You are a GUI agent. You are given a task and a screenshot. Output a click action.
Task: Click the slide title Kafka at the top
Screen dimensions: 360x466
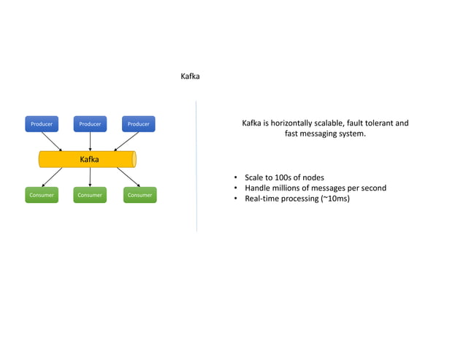190,76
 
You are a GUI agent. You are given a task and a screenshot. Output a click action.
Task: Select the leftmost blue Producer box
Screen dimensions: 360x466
42,124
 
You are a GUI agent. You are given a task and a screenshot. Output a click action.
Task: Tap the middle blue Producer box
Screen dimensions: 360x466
90,124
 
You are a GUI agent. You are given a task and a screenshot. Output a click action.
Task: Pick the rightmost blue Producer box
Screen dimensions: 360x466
138,124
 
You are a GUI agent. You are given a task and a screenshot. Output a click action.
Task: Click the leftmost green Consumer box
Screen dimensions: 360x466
42,195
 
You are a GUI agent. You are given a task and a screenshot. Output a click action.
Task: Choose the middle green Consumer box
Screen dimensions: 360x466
90,195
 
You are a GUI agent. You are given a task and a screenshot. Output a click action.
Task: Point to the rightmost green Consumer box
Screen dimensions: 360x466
140,195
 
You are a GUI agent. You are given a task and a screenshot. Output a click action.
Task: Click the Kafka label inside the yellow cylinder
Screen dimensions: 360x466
89,159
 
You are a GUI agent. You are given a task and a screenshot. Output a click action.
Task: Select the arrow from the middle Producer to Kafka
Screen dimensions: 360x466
90,142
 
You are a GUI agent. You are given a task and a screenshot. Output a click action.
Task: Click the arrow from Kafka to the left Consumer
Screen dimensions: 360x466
53,177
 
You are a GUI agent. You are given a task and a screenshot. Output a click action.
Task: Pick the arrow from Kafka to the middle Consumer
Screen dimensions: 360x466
90,177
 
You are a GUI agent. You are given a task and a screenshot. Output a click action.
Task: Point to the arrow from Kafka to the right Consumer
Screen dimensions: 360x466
128,177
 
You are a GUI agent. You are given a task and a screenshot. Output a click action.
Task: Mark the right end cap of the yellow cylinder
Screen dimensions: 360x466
134,159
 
